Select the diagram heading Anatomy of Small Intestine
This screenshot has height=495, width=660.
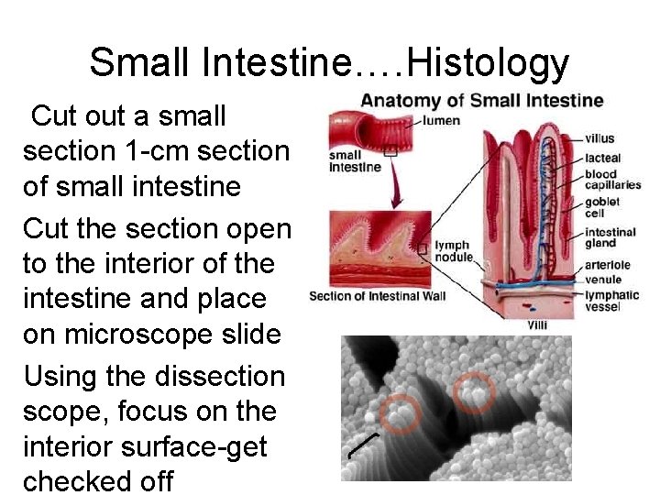point(481,100)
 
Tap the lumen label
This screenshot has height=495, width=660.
point(441,121)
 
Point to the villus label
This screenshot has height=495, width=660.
point(599,138)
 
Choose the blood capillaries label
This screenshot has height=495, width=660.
point(613,180)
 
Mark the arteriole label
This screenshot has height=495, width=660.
point(607,265)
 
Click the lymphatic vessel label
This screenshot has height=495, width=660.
point(612,301)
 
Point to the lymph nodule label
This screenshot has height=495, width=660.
point(452,251)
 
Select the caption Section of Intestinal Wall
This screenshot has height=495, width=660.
point(378,296)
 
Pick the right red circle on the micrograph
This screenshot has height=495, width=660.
point(474,391)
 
